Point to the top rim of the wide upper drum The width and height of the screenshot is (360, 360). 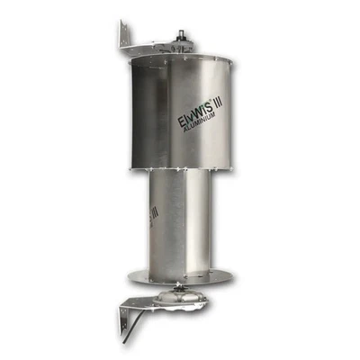click(180, 60)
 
